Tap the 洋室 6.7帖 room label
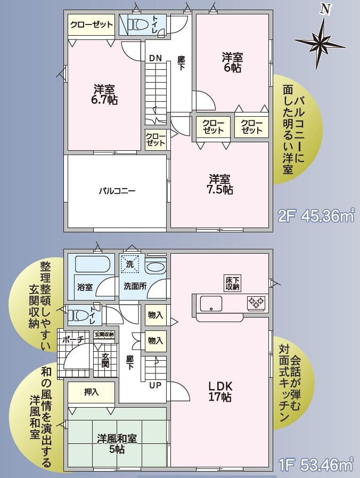coord(105,94)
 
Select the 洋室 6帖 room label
coord(232,62)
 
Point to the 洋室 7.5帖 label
coord(220,183)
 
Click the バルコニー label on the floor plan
coord(117,190)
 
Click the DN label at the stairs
coord(155,58)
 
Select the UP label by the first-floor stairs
coord(156,385)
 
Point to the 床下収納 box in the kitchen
coord(232,283)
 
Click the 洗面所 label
coord(135,286)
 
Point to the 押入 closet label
coord(91,392)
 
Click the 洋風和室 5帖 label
coord(117,443)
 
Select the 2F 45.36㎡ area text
coord(316,216)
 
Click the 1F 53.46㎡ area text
coord(316,465)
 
